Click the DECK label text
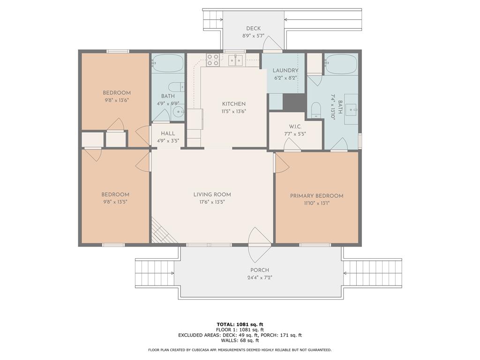254,29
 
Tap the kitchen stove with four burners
213,60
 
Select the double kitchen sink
235,60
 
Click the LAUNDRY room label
285,70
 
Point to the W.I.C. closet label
295,127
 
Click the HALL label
168,134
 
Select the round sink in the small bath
178,112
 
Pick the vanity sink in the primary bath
351,109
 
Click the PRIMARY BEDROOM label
316,196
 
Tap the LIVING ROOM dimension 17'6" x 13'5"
212,202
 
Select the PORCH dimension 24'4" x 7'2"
260,278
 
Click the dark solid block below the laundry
294,103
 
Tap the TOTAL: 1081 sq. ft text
240,324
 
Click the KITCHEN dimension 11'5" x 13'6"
234,112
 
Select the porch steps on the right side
372,273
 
